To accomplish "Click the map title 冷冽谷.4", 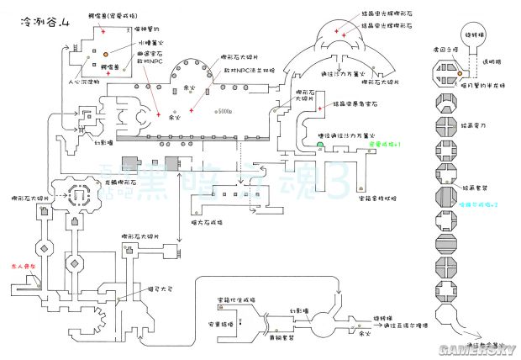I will point(32,11).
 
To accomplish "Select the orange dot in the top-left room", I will point(106,54).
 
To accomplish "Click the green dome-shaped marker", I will point(321,145).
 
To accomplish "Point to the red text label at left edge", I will point(19,264).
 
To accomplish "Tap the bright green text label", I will point(384,144).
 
